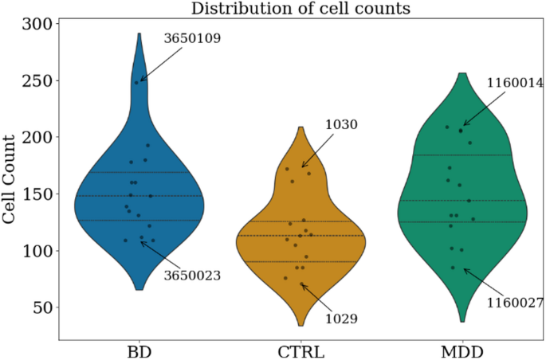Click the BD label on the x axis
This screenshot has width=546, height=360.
(140, 350)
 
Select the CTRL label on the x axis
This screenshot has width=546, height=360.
(300, 350)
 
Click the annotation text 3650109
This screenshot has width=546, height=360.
(192, 37)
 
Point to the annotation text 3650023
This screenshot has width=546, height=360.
(192, 276)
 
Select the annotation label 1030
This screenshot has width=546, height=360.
(340, 125)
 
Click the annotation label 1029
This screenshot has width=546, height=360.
(341, 319)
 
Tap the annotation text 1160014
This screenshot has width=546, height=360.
(515, 83)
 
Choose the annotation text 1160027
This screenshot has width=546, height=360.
(515, 303)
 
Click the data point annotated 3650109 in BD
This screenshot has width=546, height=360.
(137, 82)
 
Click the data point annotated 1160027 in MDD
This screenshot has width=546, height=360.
(454, 268)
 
